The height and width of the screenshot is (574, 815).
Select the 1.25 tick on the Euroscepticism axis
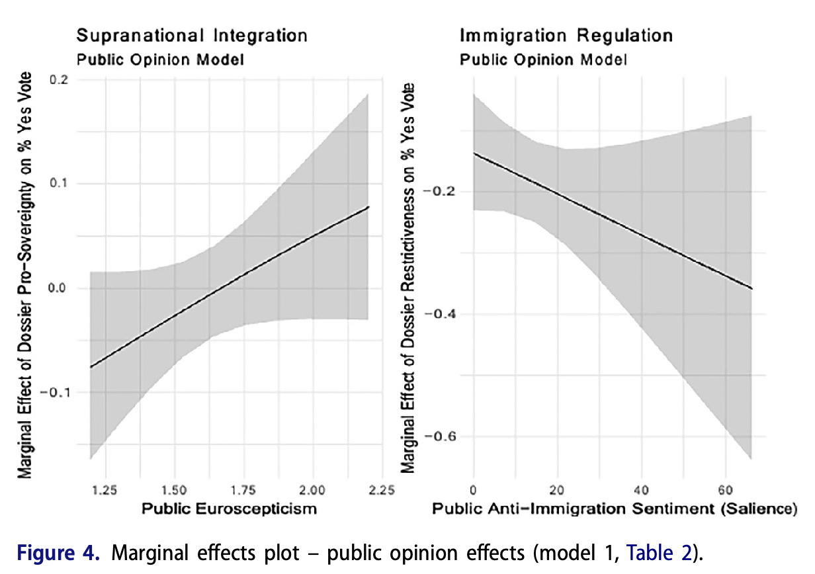(105, 490)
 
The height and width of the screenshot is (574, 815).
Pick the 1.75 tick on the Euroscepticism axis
(243, 490)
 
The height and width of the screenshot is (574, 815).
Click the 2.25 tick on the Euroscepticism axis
(381, 490)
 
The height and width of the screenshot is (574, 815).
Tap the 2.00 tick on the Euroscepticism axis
(312, 490)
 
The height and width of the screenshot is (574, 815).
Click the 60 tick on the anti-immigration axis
(725, 490)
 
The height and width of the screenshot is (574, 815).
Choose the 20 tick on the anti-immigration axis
(557, 490)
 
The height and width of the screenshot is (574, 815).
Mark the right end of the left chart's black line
(368, 207)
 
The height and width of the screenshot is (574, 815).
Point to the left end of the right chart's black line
(474, 153)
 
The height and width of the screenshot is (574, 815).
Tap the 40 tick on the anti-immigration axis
(641, 490)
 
